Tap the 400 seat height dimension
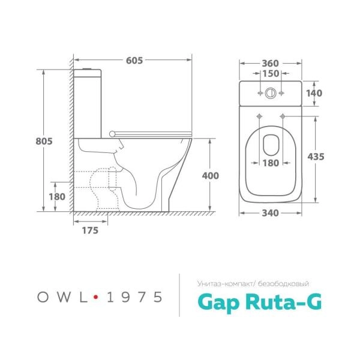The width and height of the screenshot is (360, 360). (x=211, y=175)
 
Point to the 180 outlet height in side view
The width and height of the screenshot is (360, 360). (x=56, y=196)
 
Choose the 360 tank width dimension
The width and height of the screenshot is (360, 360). (x=271, y=62)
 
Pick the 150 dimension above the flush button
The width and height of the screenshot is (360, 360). (x=271, y=73)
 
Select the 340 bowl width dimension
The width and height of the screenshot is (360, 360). (x=271, y=212)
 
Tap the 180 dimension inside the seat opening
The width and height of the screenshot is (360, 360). (x=271, y=163)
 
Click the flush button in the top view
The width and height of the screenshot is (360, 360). (x=271, y=94)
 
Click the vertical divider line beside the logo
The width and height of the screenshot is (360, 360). (x=180, y=295)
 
